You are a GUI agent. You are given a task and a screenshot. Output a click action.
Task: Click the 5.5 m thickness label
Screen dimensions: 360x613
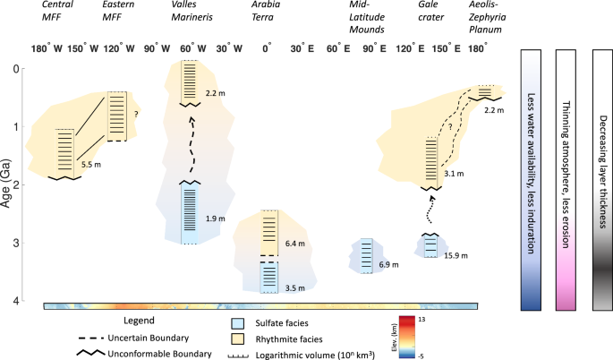tap(92, 165)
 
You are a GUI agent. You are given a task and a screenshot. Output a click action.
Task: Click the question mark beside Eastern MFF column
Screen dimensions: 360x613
tap(135, 113)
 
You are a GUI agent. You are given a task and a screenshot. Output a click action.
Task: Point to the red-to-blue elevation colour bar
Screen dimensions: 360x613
tap(406, 338)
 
